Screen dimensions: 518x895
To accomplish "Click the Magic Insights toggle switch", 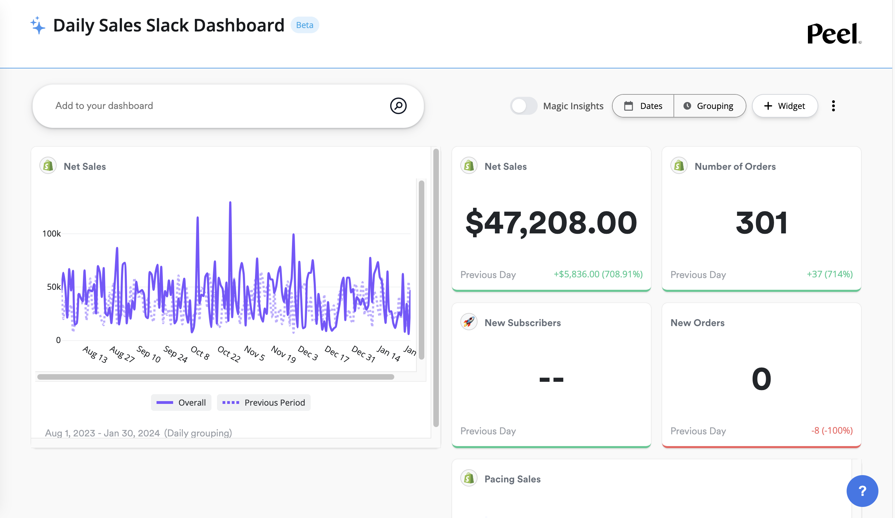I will point(524,106).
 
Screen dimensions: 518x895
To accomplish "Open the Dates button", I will point(643,106).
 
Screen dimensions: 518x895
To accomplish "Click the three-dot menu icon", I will point(833,106).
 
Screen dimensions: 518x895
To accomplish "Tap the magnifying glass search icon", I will point(398,106).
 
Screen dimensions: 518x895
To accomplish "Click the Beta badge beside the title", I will point(304,25).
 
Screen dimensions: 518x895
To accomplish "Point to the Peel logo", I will point(833,34).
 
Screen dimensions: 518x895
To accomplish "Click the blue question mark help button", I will point(862,491).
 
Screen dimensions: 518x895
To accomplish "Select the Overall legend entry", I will point(181,403).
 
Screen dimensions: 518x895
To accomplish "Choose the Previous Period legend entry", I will point(264,403).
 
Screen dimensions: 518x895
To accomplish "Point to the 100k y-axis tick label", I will point(51,234).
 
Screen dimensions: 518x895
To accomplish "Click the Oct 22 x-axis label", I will point(229,354).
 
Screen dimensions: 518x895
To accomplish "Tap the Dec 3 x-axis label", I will point(308,353).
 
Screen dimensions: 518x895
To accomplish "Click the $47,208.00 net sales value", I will point(551,223).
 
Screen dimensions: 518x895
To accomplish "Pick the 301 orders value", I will point(761,223).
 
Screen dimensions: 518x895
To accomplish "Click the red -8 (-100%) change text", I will point(831,431).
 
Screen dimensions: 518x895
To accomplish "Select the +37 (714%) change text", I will point(829,274).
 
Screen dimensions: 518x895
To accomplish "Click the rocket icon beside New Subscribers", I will point(469,322).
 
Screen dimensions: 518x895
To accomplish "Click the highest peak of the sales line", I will point(230,203).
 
